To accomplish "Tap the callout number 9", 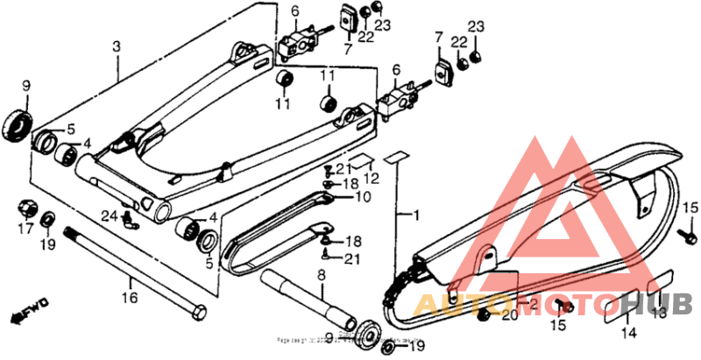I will click(25, 85).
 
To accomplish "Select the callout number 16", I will click(130, 299).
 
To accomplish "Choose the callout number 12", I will click(372, 178).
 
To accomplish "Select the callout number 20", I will click(509, 314).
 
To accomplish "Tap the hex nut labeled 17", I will click(25, 209).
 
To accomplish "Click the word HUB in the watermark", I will click(669, 304).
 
